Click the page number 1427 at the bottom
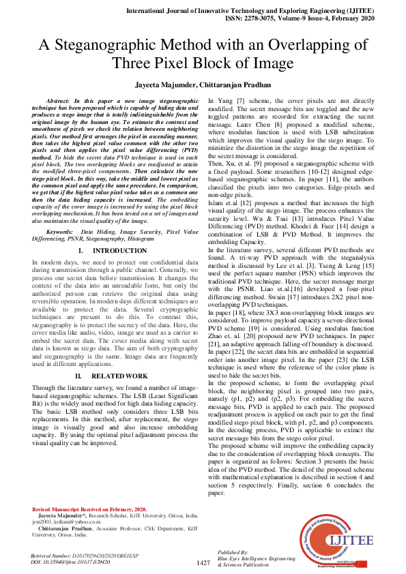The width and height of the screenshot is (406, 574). click(x=203, y=562)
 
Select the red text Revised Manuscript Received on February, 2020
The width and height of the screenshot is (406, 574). click(x=89, y=509)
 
